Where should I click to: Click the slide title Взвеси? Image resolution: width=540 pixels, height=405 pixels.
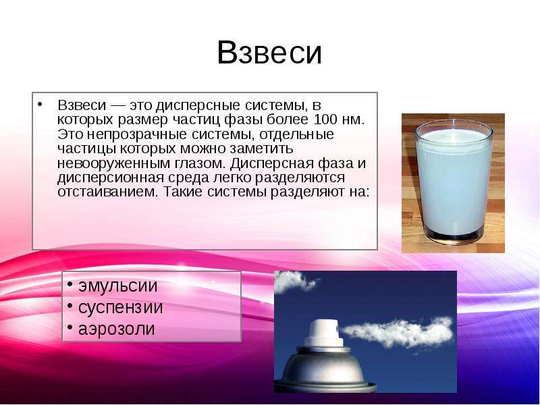click(269, 53)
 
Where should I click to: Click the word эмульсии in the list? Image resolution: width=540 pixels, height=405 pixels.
click(117, 286)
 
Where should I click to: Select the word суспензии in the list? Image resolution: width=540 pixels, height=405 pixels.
click(121, 308)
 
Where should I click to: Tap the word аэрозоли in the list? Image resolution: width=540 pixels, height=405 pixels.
click(116, 329)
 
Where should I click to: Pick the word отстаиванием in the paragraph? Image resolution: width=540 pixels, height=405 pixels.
click(107, 192)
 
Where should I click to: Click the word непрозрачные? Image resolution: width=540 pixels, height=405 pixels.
click(138, 134)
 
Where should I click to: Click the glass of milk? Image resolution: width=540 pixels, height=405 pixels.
click(453, 182)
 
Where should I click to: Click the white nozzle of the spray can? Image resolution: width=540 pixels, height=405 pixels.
click(324, 332)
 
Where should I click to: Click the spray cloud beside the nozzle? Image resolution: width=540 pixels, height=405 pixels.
click(398, 332)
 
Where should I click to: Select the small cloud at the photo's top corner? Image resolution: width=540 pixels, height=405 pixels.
click(295, 281)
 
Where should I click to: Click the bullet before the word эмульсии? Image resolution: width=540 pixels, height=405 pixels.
click(70, 285)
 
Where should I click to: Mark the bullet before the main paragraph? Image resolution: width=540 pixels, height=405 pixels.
click(40, 104)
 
